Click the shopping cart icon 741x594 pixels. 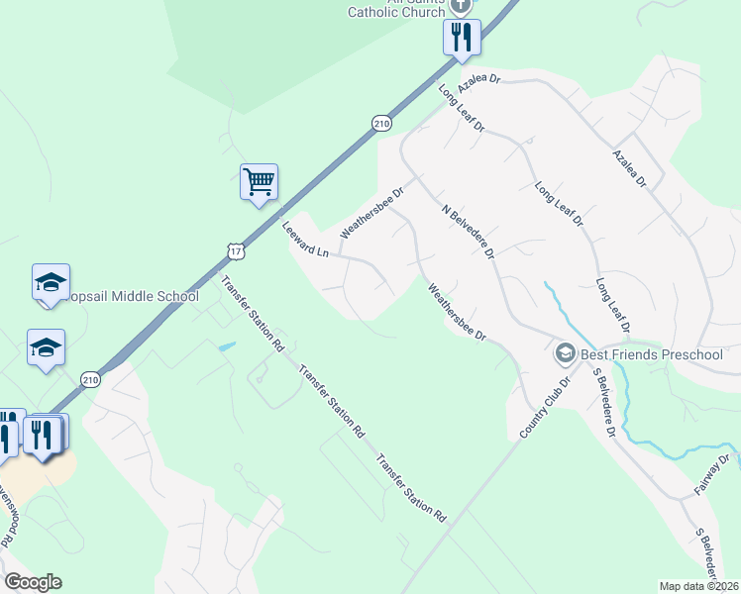[x=259, y=182]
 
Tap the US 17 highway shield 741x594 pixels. [x=234, y=252]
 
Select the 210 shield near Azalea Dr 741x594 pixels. [x=382, y=123]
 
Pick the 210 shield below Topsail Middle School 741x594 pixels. [x=90, y=380]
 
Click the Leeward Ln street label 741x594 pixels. [x=305, y=239]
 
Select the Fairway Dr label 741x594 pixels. [x=712, y=473]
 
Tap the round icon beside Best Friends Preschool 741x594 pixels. [x=565, y=352]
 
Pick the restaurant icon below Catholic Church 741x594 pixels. [x=461, y=38]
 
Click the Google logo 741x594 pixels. [x=33, y=582]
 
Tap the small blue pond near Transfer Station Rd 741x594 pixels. [x=227, y=346]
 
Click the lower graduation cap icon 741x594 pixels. [x=46, y=347]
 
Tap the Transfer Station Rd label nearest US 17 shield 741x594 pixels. [x=253, y=314]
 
